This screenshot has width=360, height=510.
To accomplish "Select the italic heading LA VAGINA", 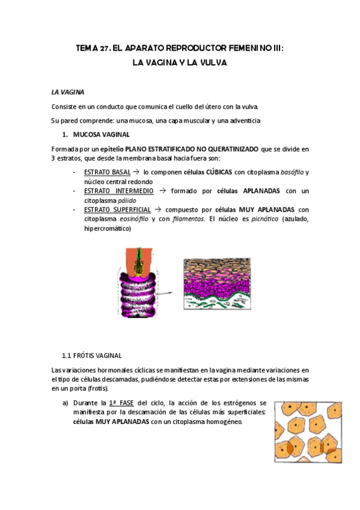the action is click(x=67, y=92).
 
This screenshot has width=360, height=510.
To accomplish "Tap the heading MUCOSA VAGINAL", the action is click(x=101, y=134).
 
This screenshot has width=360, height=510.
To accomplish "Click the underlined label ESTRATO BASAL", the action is click(x=108, y=173).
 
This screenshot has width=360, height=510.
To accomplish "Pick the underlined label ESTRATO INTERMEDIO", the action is click(x=119, y=191).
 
